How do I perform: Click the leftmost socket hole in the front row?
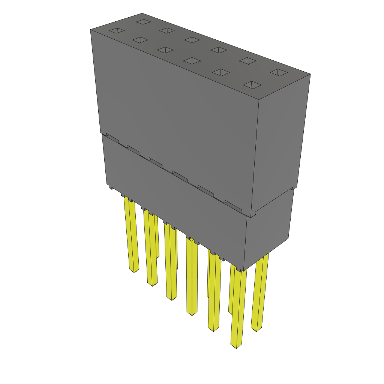tap(116, 30)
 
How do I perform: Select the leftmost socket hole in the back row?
tap(143, 22)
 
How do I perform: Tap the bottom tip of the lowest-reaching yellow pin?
tap(235, 345)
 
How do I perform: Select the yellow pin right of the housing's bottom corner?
tap(259, 292)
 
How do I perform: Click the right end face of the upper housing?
tap(281, 142)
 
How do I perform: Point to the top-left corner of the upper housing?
tap(91, 30)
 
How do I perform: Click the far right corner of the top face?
tap(310, 74)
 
